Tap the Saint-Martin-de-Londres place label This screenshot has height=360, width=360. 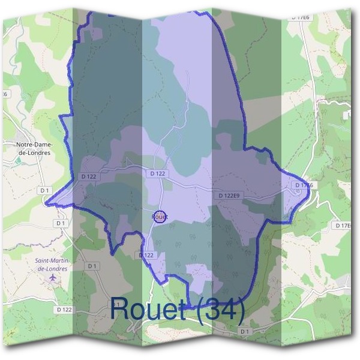click(x=52, y=265)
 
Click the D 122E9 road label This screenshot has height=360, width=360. click(x=229, y=196)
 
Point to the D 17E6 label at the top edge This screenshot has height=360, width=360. click(x=300, y=17)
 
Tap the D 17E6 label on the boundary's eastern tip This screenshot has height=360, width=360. click(x=304, y=185)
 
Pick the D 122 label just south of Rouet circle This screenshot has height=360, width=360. click(x=146, y=255)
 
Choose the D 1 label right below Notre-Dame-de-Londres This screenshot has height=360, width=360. click(x=44, y=190)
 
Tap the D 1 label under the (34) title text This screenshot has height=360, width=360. click(x=244, y=331)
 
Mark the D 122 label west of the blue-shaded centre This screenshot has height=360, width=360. click(x=88, y=176)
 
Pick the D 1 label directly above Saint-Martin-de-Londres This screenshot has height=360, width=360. click(x=60, y=223)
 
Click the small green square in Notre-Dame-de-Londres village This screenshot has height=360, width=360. click(x=18, y=160)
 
